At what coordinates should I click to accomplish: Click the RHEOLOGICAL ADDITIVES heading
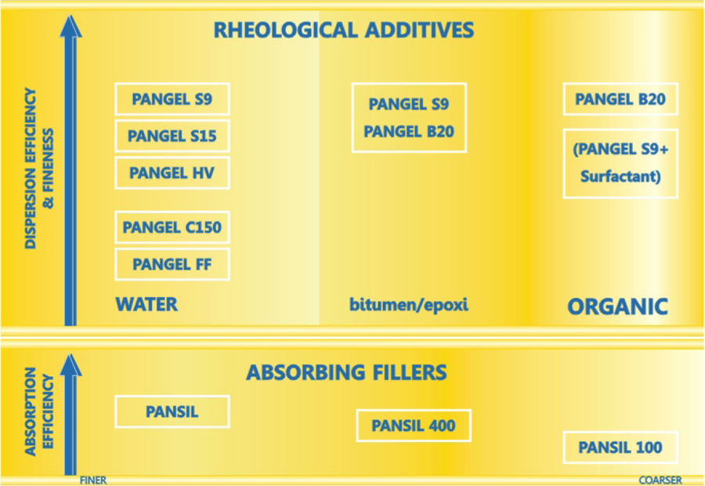pyautogui.click(x=344, y=30)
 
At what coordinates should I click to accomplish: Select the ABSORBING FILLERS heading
pyautogui.click(x=346, y=372)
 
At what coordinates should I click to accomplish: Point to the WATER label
pyautogui.click(x=146, y=305)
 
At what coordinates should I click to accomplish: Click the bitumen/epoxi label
pyautogui.click(x=409, y=305)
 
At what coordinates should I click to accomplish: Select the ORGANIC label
pyautogui.click(x=617, y=307)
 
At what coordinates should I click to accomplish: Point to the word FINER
pyautogui.click(x=93, y=481)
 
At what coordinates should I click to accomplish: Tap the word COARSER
pyautogui.click(x=660, y=481)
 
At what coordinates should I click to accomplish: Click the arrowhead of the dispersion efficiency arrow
pyautogui.click(x=70, y=26)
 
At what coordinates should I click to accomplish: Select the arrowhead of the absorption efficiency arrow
pyautogui.click(x=70, y=365)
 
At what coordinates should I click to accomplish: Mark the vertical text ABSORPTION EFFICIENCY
pyautogui.click(x=39, y=412)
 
